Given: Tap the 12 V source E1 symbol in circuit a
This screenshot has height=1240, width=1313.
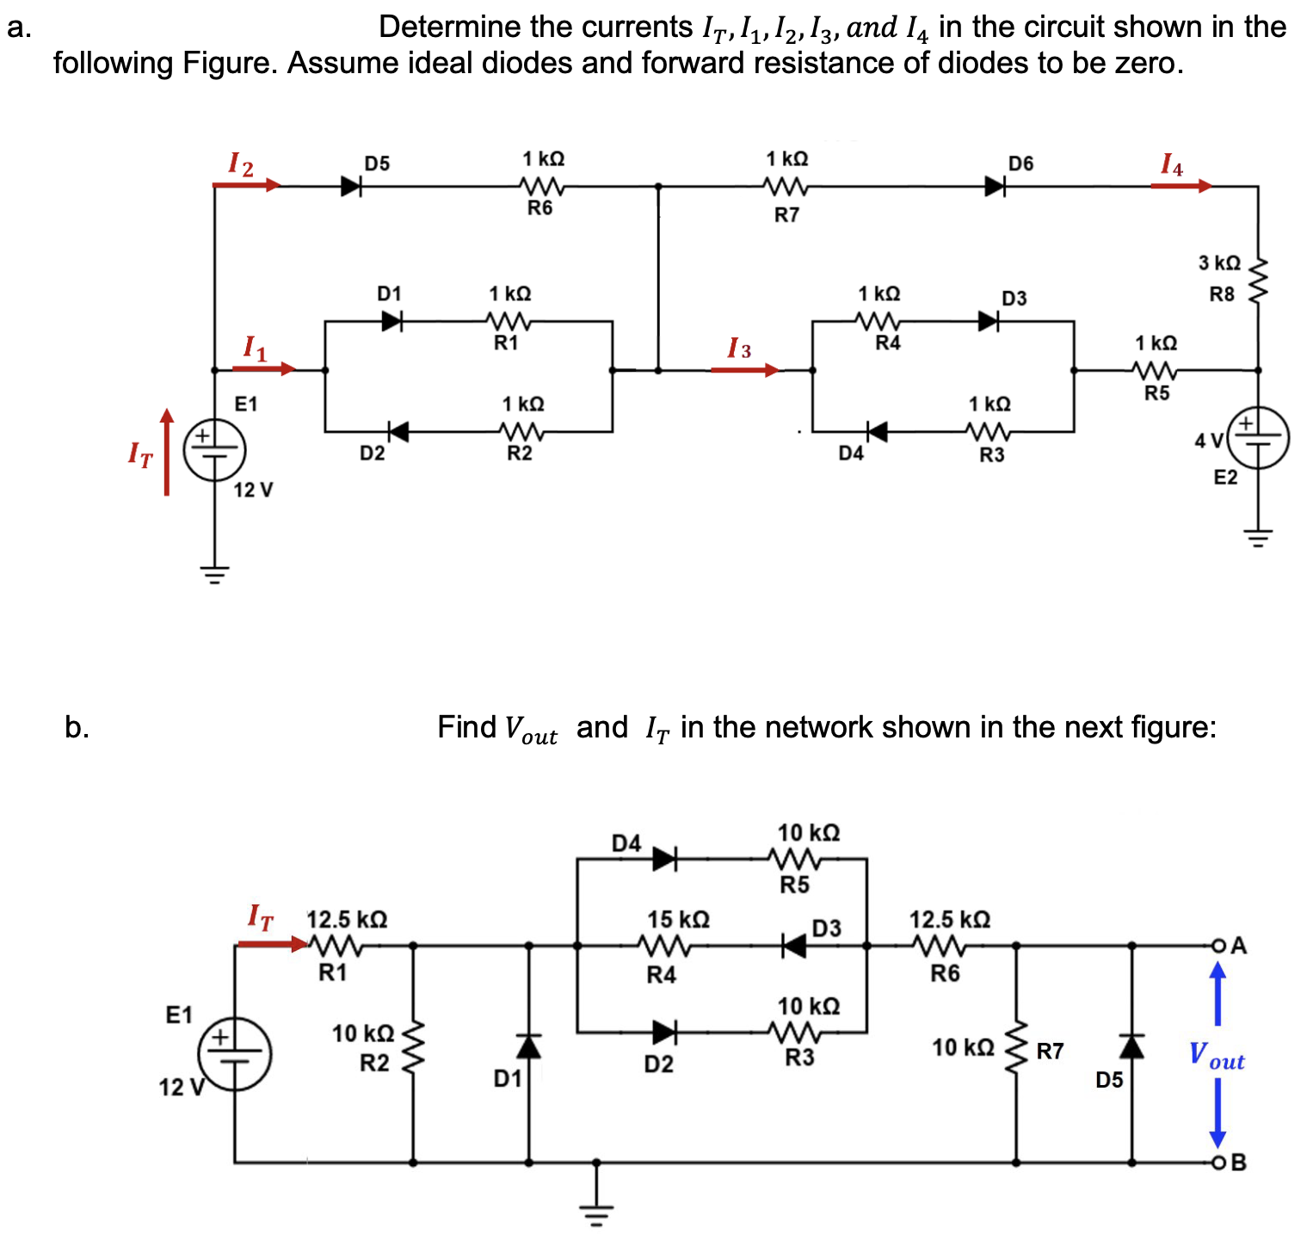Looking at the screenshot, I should (214, 448).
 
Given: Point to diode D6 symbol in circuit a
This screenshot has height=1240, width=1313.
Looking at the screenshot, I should (996, 186).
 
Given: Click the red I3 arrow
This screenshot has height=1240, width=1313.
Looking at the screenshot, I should (745, 370).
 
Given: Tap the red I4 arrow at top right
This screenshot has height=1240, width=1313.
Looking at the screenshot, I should (1180, 185).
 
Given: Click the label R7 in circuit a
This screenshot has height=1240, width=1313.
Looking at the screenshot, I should (786, 215).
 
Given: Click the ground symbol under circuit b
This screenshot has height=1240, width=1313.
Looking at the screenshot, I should (595, 1208).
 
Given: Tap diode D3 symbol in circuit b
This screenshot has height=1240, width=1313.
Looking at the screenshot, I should (794, 946).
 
